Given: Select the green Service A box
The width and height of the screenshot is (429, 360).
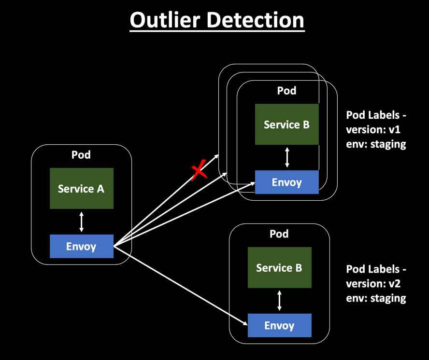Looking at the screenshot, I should coord(81,188).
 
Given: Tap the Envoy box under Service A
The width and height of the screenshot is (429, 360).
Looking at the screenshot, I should coord(81,246).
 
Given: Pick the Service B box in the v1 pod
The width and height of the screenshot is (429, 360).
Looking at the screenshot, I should coord(286,125).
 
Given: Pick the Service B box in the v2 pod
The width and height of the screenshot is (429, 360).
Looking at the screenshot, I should coord(279,268).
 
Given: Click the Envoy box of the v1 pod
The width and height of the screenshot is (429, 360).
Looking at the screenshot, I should coord(286,182).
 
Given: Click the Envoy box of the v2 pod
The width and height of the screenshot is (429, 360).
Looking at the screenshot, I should coord(279,325).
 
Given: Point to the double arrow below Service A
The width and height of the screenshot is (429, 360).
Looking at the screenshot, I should coord(81,222).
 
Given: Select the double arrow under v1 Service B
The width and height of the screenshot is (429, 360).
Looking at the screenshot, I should coord(287,157).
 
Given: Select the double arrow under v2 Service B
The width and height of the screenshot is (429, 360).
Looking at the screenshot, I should coord(280,301).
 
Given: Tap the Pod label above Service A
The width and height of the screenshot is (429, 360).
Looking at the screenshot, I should coord(81,155).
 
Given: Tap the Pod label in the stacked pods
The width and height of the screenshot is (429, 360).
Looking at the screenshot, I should coord(286,91).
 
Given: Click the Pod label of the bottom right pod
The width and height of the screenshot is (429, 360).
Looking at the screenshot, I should coord(279,234).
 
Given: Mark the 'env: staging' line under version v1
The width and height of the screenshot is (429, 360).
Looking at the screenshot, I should coord(376,144).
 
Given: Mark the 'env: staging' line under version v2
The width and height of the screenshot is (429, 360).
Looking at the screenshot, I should coord(376,298).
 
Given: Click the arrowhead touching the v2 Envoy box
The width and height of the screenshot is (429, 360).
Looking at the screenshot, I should coord(243,324).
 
